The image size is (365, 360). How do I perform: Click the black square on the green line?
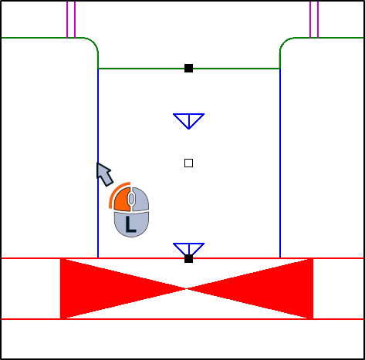pyautogui.click(x=188, y=69)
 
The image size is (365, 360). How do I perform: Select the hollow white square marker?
pyautogui.click(x=188, y=163)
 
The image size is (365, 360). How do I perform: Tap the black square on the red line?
pyautogui.click(x=188, y=259)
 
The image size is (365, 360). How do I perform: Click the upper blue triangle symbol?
pyautogui.click(x=189, y=121)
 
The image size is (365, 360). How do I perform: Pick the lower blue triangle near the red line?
pyautogui.click(x=189, y=249)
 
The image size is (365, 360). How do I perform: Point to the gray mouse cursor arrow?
pyautogui.click(x=104, y=174)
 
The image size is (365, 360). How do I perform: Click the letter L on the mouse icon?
pyautogui.click(x=130, y=224)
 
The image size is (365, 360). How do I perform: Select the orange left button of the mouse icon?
pyautogui.click(x=123, y=200)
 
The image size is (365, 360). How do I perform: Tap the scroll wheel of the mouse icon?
pyautogui.click(x=131, y=199)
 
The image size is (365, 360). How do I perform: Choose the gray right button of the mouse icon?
pyautogui.click(x=140, y=199)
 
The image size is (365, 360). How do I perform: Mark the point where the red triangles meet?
pyautogui.click(x=187, y=289)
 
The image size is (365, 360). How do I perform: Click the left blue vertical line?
pyautogui.click(x=98, y=163)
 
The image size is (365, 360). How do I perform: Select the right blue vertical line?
pyautogui.click(x=280, y=163)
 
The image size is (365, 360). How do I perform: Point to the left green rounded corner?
pyautogui.click(x=93, y=42)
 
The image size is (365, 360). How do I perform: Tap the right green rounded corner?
pyautogui.click(x=284, y=42)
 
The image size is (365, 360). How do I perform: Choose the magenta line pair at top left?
pyautogui.click(x=71, y=19)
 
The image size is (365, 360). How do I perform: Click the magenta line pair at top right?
pyautogui.click(x=314, y=19)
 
